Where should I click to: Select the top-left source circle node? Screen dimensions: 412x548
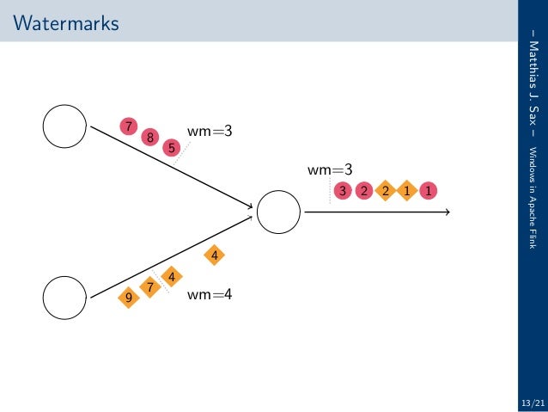point(64,126)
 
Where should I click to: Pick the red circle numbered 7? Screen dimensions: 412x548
point(129,126)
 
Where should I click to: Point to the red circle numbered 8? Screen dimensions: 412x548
point(150,136)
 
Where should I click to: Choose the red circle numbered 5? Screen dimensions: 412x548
point(172,147)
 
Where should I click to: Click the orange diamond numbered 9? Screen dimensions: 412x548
point(129,298)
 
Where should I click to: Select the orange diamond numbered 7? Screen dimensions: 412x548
point(150,286)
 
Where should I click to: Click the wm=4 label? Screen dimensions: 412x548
point(210,294)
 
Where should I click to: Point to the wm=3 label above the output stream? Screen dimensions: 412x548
point(331,170)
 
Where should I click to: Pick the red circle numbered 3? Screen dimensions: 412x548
point(343,190)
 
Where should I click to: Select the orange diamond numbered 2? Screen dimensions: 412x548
point(385,190)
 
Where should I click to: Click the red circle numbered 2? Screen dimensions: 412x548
point(363,190)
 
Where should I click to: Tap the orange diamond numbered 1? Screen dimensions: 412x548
point(406,190)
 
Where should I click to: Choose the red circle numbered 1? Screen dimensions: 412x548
point(427,190)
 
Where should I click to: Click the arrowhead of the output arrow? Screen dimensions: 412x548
point(447,212)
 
